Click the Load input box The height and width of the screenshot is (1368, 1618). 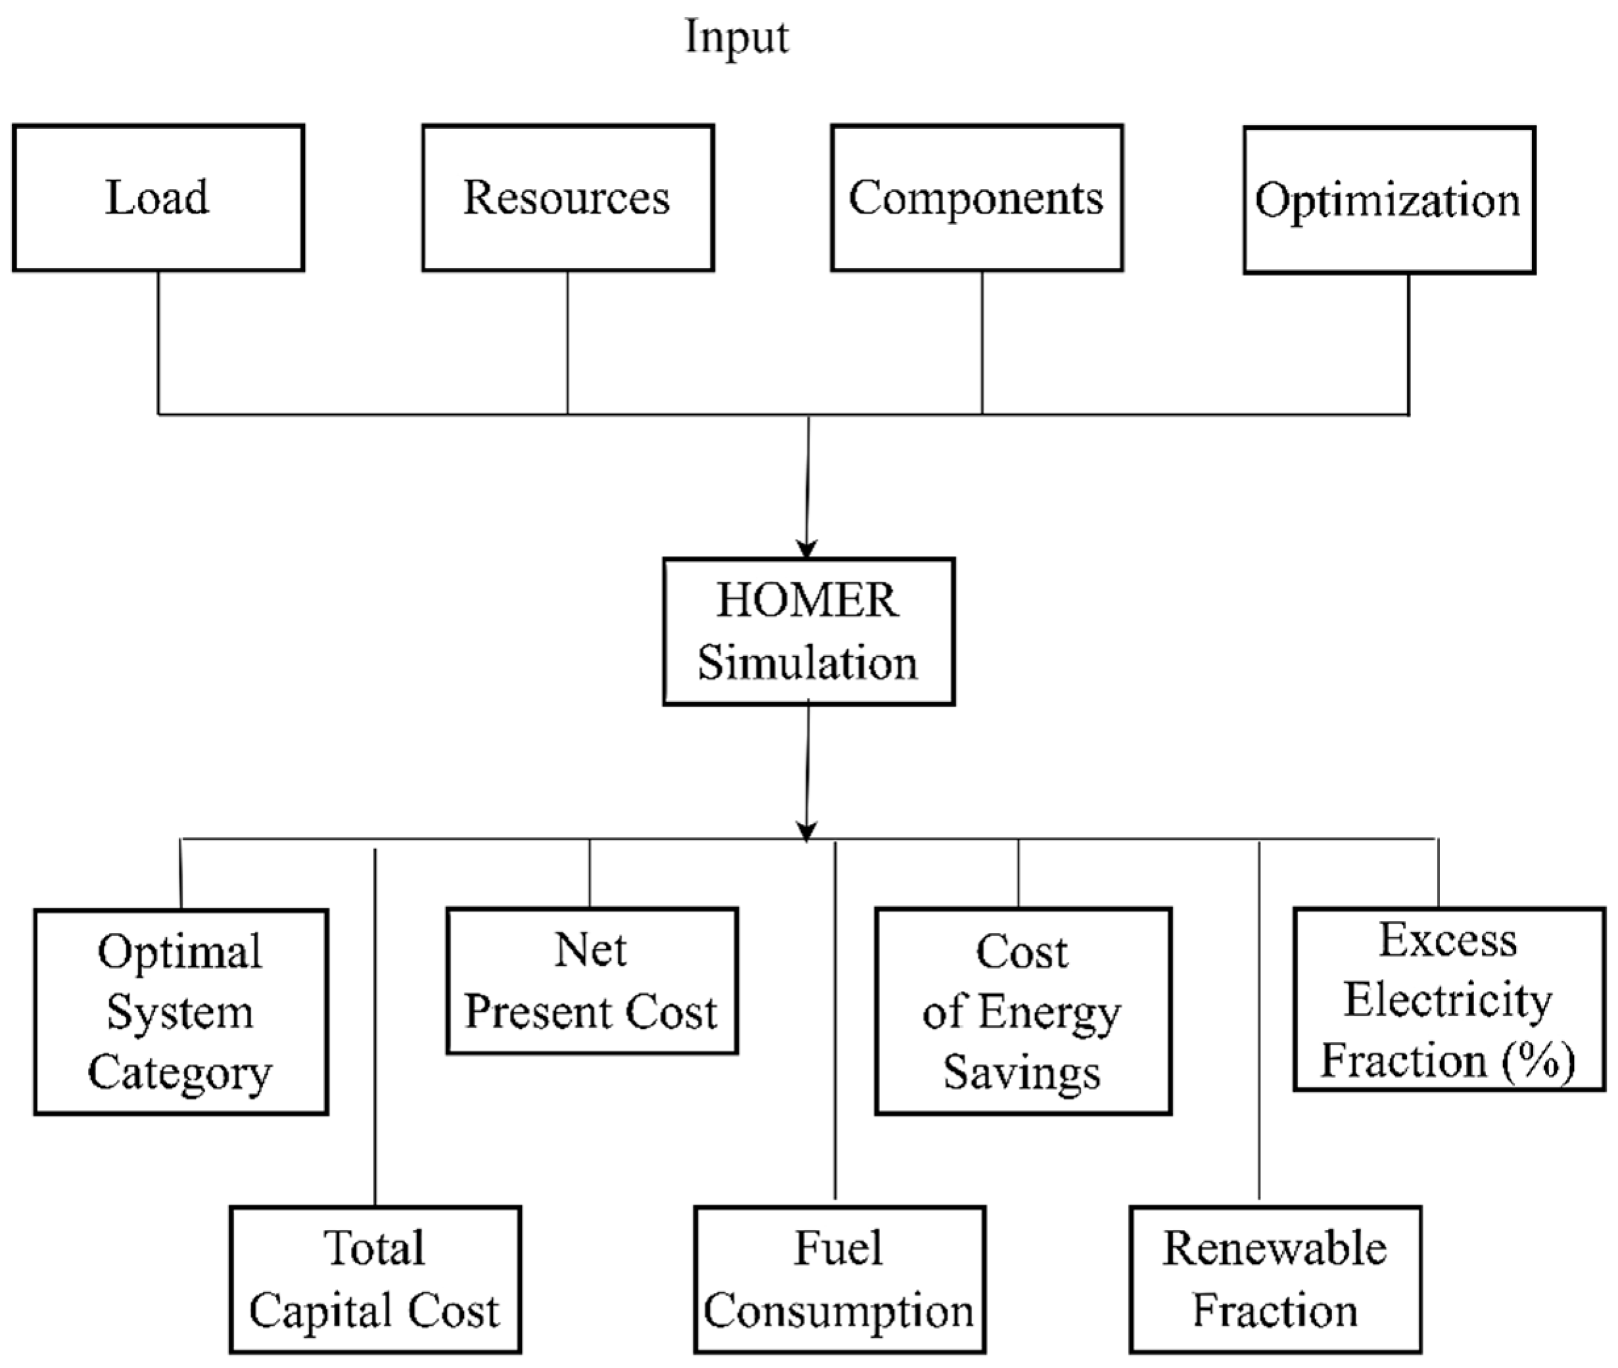158,198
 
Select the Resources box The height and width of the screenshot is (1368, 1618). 568,198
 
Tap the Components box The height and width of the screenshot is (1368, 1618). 977,198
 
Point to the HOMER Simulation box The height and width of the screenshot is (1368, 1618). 808,631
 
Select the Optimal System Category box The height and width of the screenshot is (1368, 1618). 181,1011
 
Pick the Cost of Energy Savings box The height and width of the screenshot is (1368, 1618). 1023,1011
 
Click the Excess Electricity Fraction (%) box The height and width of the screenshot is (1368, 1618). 1448,999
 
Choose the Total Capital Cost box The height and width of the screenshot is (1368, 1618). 375,1279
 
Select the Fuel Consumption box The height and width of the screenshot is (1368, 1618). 839,1279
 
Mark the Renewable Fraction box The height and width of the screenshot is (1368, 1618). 1274,1279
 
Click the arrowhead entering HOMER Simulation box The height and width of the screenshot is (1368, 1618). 806,549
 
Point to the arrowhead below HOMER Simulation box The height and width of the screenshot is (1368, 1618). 806,831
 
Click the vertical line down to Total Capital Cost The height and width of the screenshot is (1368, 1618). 375,1024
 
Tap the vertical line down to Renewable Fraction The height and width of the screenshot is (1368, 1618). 1259,1024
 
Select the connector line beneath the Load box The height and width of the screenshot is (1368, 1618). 159,341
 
